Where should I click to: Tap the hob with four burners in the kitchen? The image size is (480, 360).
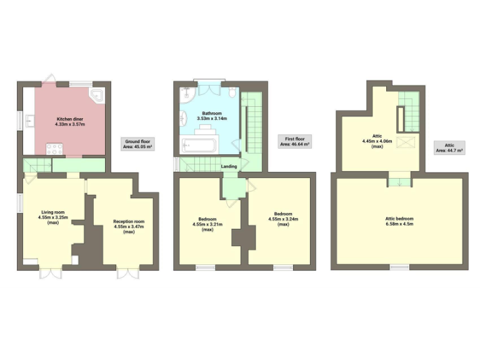(x=54, y=149)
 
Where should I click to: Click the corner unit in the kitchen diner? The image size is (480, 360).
(x=98, y=94)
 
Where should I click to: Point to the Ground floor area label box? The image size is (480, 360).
(x=137, y=144)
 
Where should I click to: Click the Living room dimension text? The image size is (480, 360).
(x=54, y=218)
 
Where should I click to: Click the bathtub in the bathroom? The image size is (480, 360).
(x=197, y=146)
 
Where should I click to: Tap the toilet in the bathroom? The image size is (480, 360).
(x=232, y=94)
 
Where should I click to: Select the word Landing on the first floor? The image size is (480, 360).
(x=228, y=166)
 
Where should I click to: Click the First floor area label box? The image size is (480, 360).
(x=294, y=142)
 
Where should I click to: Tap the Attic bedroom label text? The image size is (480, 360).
(x=399, y=219)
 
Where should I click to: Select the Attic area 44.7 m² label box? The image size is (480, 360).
(x=449, y=147)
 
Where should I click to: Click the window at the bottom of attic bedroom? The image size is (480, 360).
(x=400, y=267)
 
